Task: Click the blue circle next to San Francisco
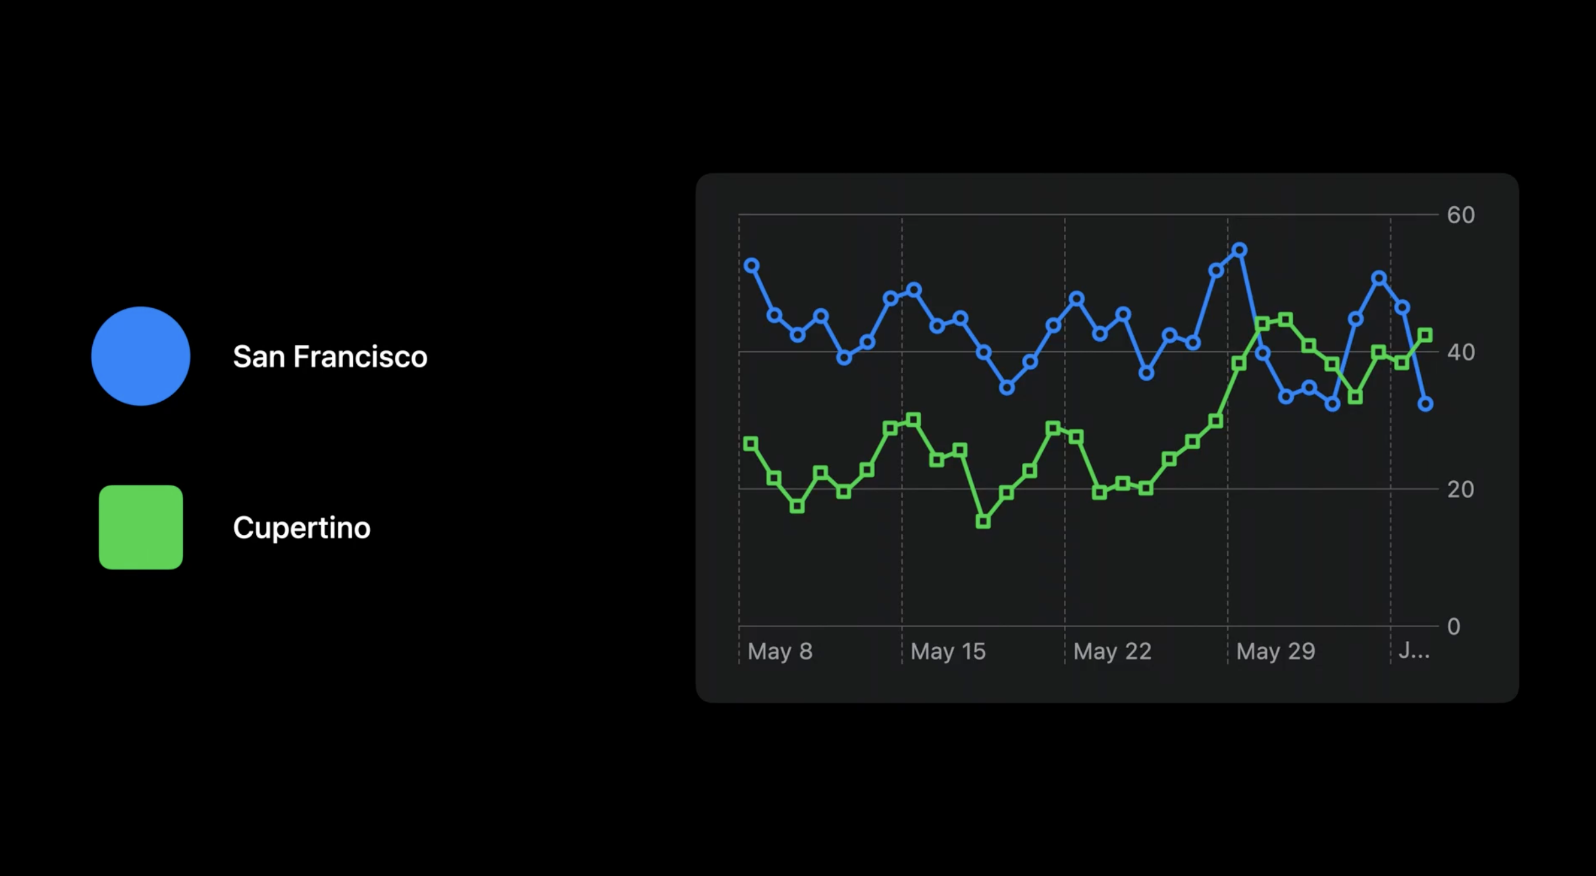pyautogui.click(x=141, y=356)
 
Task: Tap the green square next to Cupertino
pyautogui.click(x=141, y=527)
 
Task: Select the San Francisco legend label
pyautogui.click(x=330, y=356)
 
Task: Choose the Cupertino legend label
pyautogui.click(x=302, y=528)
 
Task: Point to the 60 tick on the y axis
pyautogui.click(x=1460, y=215)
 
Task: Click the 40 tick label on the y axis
pyautogui.click(x=1460, y=352)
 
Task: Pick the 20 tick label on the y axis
pyautogui.click(x=1460, y=489)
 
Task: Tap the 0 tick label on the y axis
pyautogui.click(x=1454, y=626)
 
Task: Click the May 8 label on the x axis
pyautogui.click(x=780, y=651)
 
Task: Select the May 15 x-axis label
pyautogui.click(x=948, y=651)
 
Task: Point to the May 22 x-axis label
pyautogui.click(x=1112, y=651)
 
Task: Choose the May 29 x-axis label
pyautogui.click(x=1275, y=651)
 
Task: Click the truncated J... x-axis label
pyautogui.click(x=1414, y=651)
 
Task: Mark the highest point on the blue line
pyautogui.click(x=1240, y=250)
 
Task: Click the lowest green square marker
pyautogui.click(x=983, y=522)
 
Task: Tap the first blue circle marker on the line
pyautogui.click(x=751, y=265)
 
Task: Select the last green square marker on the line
pyautogui.click(x=1425, y=335)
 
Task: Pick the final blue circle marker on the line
pyautogui.click(x=1425, y=404)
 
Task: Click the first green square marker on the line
pyautogui.click(x=751, y=444)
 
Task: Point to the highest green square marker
pyautogui.click(x=1285, y=320)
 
